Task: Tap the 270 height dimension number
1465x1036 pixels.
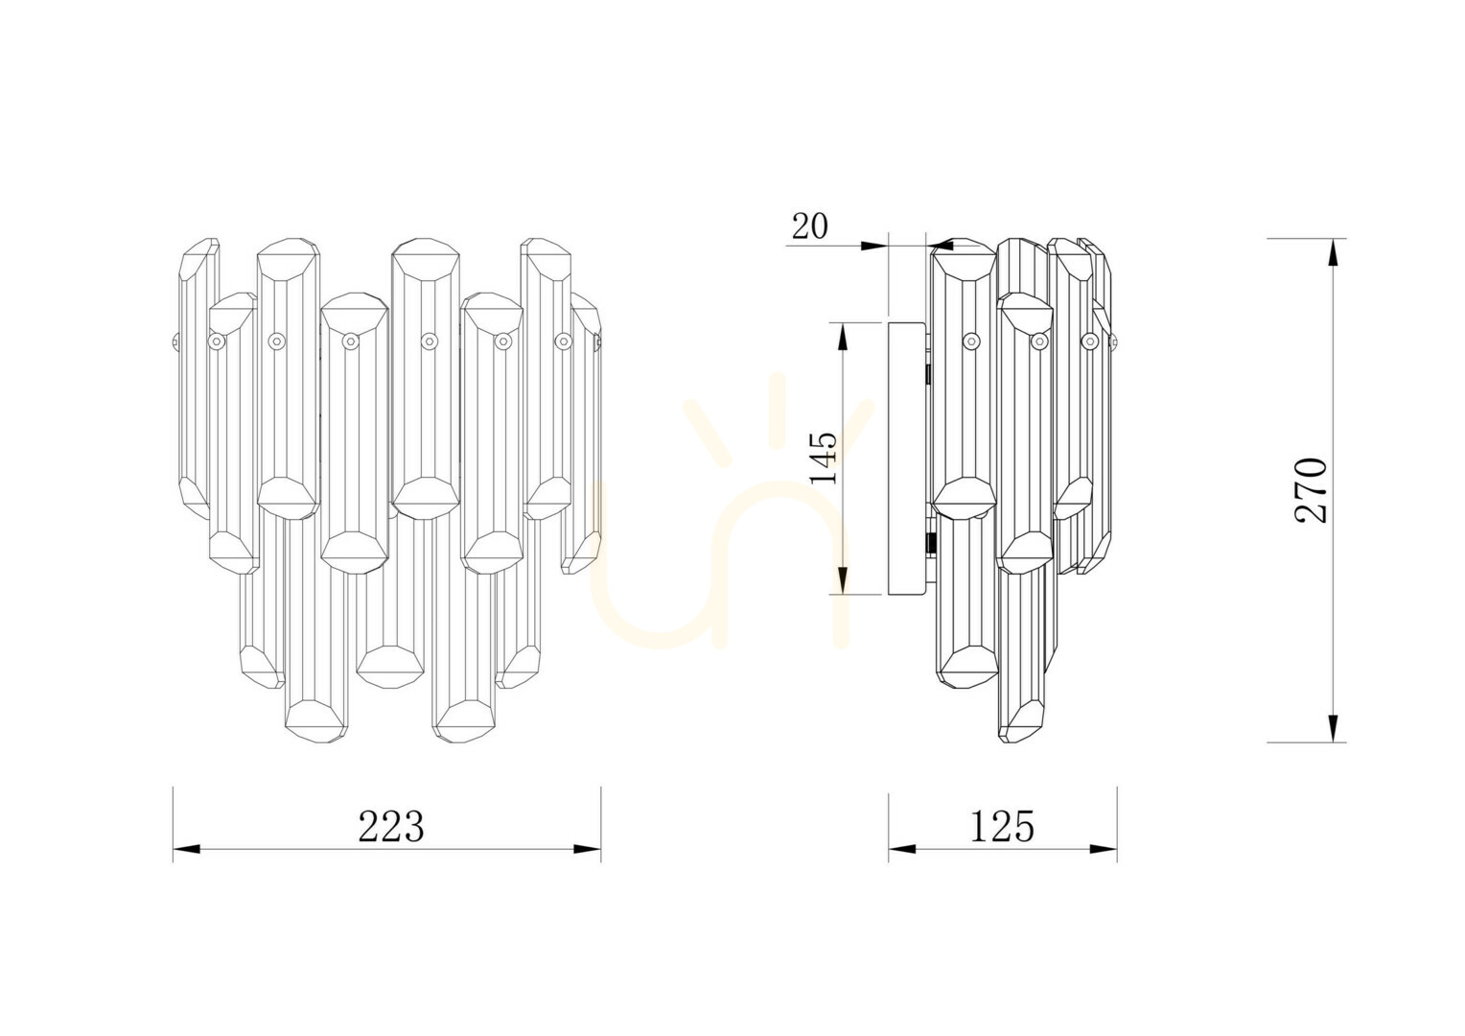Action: [x=1311, y=490]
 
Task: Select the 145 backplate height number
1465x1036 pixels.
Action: [x=824, y=458]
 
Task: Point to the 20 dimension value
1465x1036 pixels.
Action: [x=809, y=226]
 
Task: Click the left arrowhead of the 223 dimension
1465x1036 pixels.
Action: [x=186, y=849]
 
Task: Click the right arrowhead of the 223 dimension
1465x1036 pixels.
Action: [x=588, y=849]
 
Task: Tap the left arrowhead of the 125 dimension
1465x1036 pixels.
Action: [x=901, y=849]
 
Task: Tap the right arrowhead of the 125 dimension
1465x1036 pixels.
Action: [x=1104, y=849]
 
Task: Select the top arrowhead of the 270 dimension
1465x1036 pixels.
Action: [x=1333, y=252]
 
